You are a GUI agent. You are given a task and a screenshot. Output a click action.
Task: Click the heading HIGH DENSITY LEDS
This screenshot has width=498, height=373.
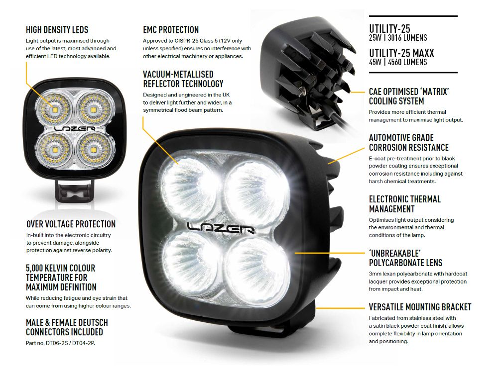[57, 30]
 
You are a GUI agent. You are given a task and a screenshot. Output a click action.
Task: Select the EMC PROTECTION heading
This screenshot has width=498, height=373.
[171, 30]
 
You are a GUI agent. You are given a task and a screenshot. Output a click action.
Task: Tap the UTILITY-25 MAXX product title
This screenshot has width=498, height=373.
[401, 53]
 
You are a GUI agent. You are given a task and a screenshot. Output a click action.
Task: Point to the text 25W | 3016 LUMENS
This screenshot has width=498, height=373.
[397, 38]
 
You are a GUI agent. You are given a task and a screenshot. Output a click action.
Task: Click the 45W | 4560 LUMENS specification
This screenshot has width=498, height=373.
[397, 62]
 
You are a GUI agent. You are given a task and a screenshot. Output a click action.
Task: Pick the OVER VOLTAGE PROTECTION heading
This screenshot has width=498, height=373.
[71, 224]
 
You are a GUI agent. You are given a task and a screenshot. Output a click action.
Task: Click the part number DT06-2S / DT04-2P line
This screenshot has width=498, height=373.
[60, 343]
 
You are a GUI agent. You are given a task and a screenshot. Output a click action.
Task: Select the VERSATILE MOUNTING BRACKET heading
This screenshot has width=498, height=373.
[420, 307]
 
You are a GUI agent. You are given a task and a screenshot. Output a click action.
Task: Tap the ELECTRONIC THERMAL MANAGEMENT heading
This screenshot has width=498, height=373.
[404, 204]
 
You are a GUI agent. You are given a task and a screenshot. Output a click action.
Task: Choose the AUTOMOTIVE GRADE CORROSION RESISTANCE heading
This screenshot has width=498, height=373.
[408, 142]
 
